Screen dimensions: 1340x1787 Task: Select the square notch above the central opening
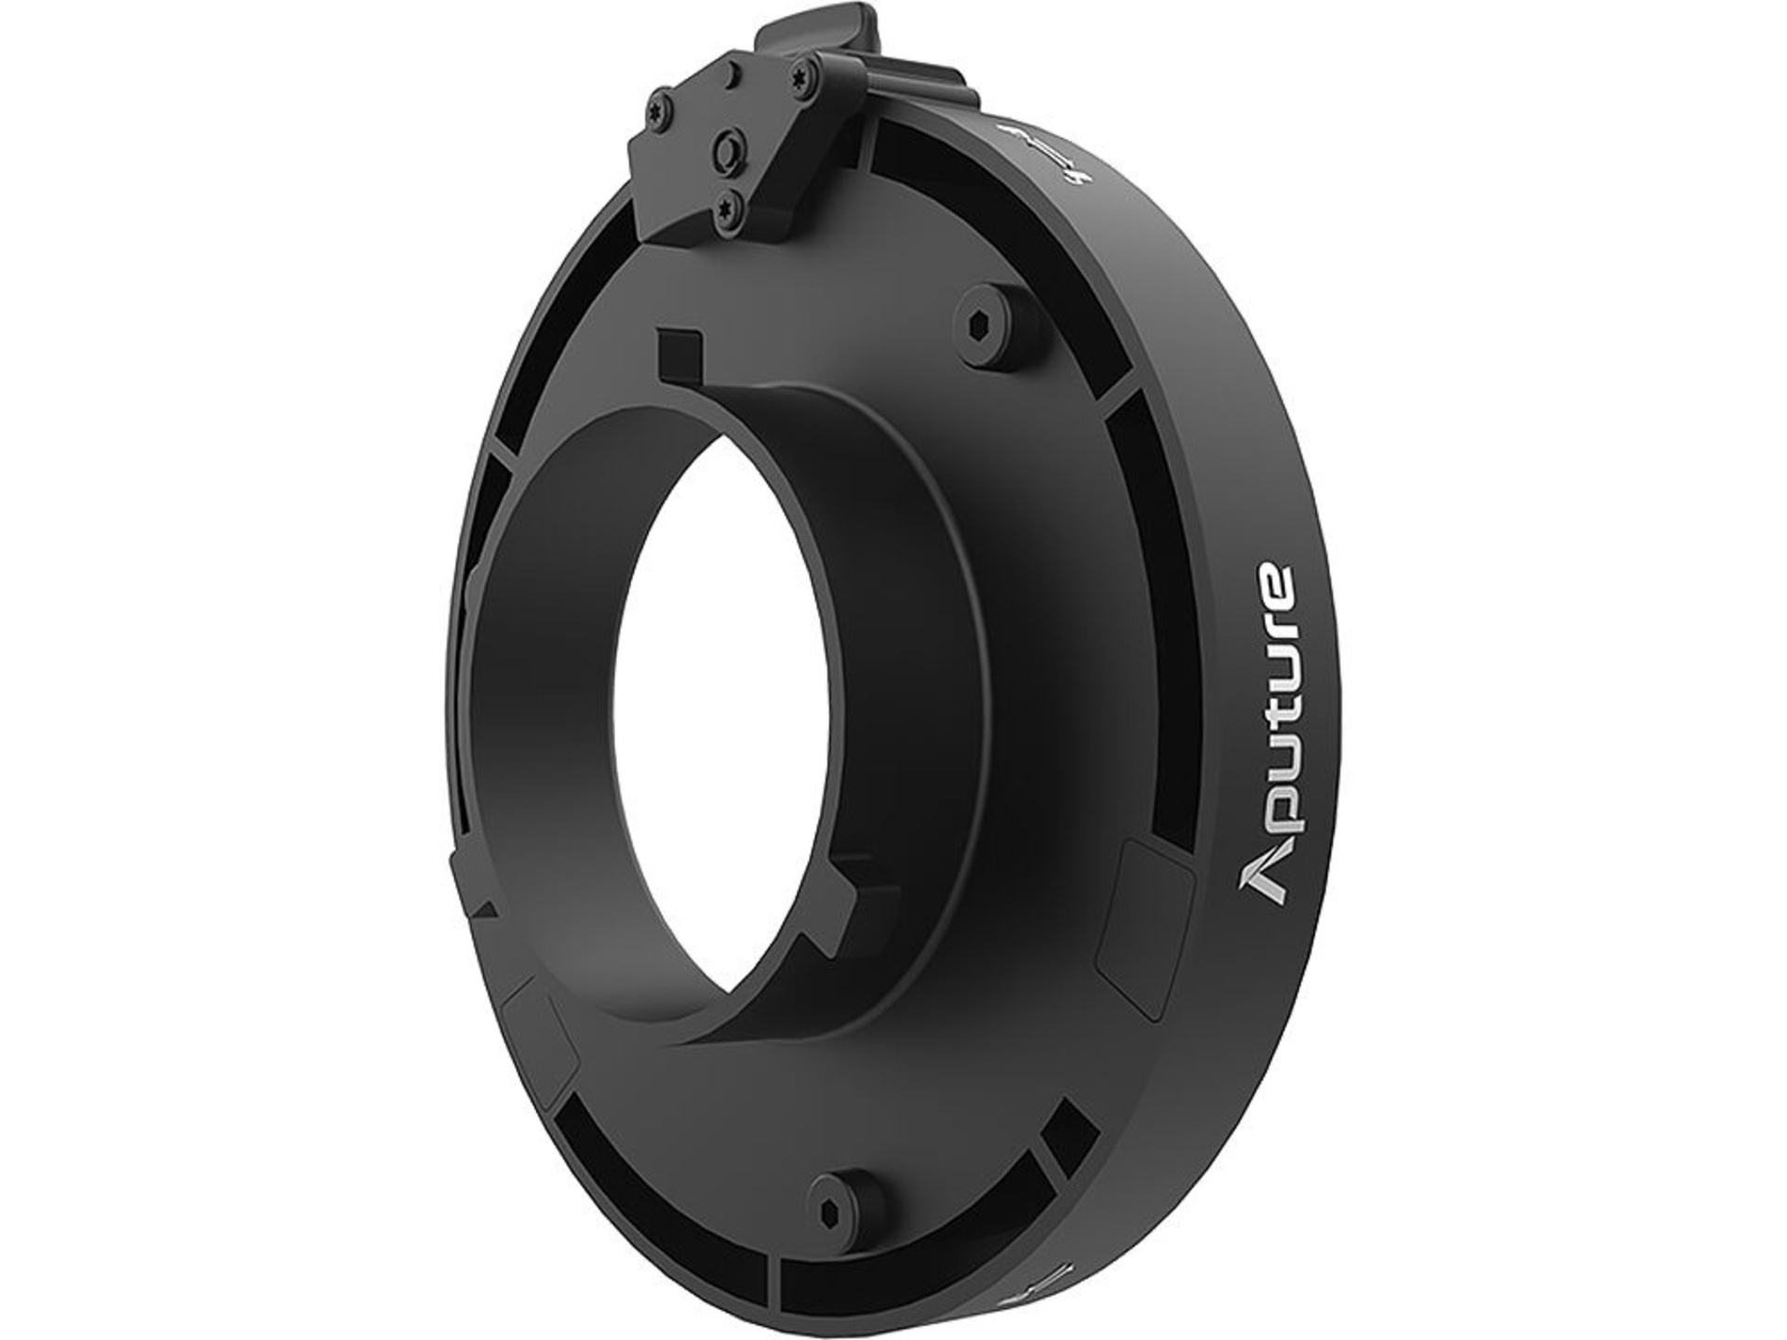click(680, 355)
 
